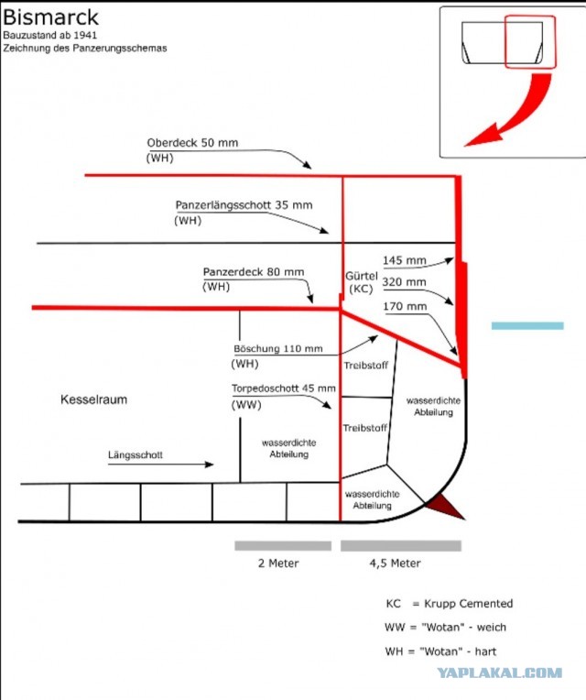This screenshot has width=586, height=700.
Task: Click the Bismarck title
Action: pyautogui.click(x=50, y=17)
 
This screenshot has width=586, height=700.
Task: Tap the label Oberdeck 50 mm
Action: pyautogui.click(x=192, y=143)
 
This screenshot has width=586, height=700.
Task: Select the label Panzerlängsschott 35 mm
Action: pyautogui.click(x=244, y=205)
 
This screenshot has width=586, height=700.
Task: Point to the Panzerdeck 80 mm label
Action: pyautogui.click(x=254, y=272)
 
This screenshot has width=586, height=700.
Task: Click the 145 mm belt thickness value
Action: pyautogui.click(x=405, y=260)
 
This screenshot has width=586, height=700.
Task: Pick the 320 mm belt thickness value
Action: pyautogui.click(x=404, y=282)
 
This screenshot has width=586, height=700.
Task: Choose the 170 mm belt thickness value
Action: pyautogui.click(x=405, y=307)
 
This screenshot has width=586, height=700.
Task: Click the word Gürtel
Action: pyautogui.click(x=362, y=276)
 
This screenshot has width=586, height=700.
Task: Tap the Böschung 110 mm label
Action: pyautogui.click(x=277, y=349)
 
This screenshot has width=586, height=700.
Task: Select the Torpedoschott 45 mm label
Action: pyautogui.click(x=284, y=388)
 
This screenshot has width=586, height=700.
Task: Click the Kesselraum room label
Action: pyautogui.click(x=93, y=399)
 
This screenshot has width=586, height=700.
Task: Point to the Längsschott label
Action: pyautogui.click(x=136, y=455)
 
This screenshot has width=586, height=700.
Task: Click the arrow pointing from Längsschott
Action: pyautogui.click(x=161, y=465)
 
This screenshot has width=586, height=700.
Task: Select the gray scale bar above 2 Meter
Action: pyautogui.click(x=283, y=545)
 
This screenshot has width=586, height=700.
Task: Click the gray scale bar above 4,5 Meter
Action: pyautogui.click(x=401, y=545)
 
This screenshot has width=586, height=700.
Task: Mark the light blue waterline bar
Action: pyautogui.click(x=527, y=326)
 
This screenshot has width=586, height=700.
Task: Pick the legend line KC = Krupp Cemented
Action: pyautogui.click(x=449, y=604)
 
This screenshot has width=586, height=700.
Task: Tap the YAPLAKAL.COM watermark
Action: pyautogui.click(x=500, y=673)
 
